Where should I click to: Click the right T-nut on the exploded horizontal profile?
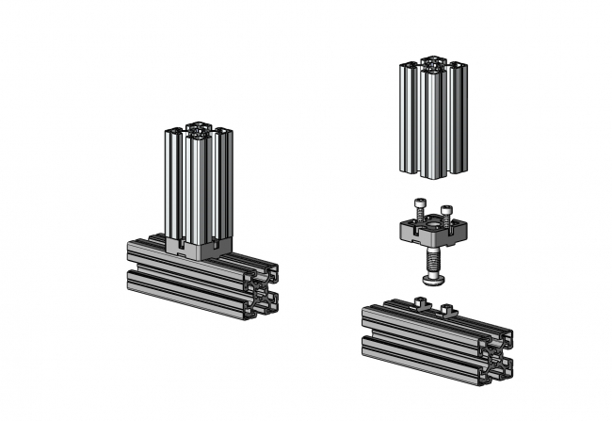click(448, 308)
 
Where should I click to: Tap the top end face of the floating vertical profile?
click(434, 65)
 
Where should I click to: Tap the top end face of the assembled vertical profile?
click(199, 129)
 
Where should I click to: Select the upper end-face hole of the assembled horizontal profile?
click(265, 276)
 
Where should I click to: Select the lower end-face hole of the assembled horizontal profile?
click(264, 302)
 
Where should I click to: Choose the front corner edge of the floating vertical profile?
click(432, 122)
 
